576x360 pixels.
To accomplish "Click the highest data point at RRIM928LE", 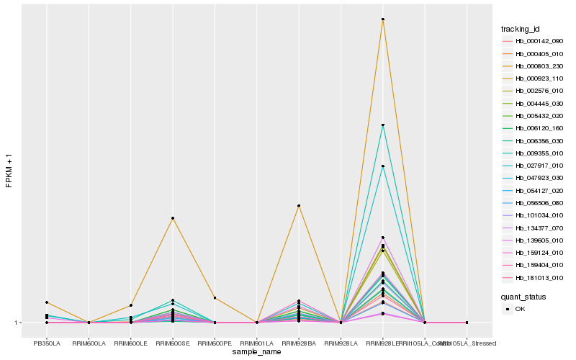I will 383,19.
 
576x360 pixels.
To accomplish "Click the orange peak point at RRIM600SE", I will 173,218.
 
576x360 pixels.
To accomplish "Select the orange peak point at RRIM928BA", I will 299,206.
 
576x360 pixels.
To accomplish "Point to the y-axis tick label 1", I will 18,323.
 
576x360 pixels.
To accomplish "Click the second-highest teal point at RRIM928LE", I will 383,166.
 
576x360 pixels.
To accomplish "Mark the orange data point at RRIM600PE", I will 215,298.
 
